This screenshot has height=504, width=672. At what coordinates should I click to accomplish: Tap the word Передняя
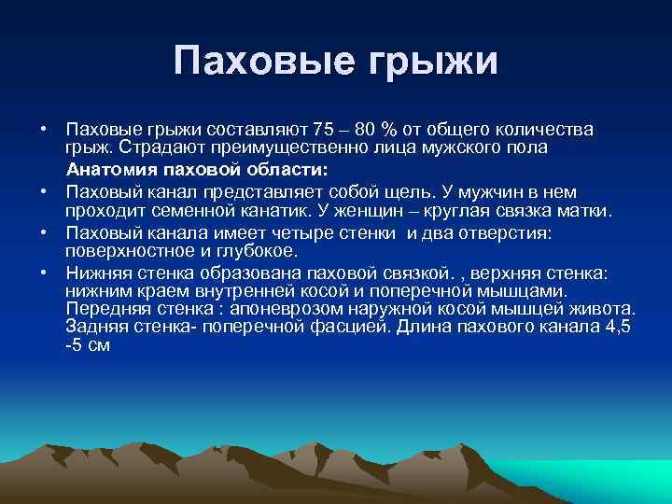pos(102,308)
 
